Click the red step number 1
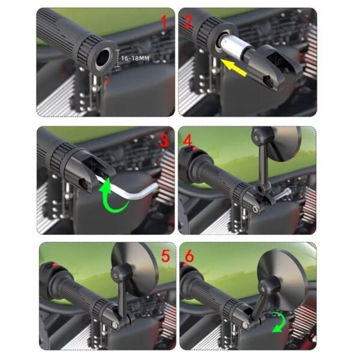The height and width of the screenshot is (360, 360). coord(163,22)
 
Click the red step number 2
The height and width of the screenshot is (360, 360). coord(188,21)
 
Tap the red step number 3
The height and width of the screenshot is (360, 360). coord(164,140)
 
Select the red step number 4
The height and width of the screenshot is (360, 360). coord(188,140)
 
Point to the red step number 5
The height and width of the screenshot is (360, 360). coord(166,256)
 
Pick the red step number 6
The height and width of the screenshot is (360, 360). coord(190,256)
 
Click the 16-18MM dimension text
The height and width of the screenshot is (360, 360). coord(135,58)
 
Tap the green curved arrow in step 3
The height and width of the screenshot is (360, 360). coord(113,197)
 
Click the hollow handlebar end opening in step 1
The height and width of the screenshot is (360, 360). coord(103,58)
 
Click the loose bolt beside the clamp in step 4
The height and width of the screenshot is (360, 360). coord(283,194)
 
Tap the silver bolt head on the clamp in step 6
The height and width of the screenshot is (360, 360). coord(245,325)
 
